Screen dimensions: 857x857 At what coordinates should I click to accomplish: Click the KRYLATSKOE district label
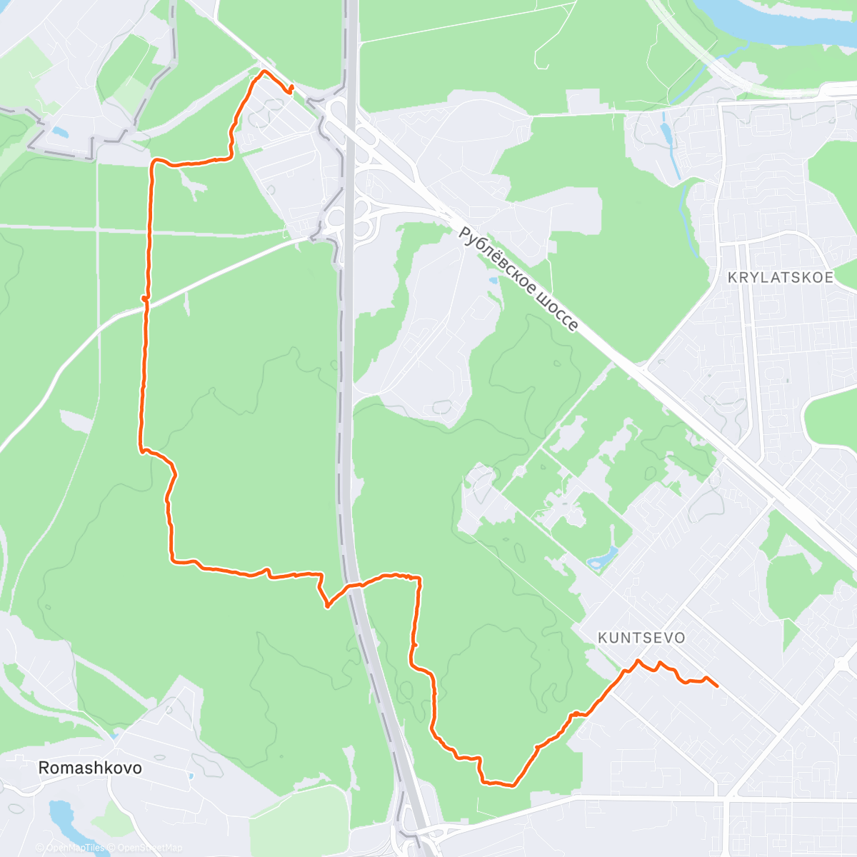781,278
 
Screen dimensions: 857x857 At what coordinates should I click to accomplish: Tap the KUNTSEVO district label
641,638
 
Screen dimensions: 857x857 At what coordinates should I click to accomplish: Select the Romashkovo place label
90,768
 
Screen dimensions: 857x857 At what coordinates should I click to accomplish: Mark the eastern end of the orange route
716,686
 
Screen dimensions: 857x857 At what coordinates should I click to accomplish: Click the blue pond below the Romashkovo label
61,814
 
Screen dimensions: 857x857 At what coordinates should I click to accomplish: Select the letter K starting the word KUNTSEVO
603,638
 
